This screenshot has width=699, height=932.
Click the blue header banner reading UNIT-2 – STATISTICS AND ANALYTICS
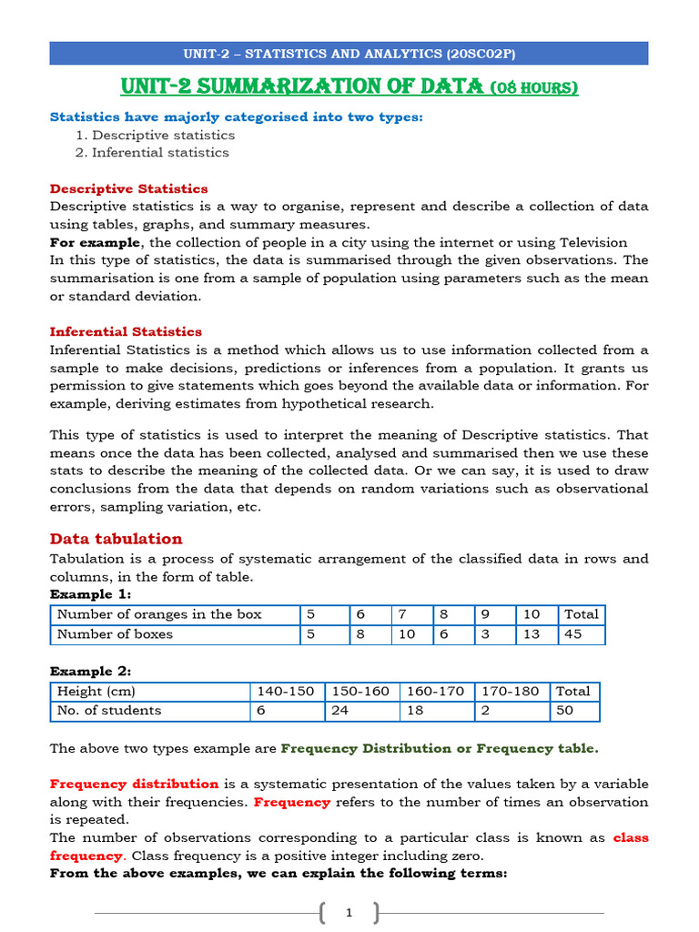click(x=349, y=54)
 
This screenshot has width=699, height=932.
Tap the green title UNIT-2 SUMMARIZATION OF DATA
click(x=349, y=86)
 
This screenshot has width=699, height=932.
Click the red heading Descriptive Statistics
click(x=128, y=188)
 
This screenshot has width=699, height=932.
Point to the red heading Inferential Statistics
click(x=126, y=331)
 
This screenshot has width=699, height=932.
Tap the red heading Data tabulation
click(x=116, y=538)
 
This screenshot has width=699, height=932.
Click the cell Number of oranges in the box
click(x=159, y=614)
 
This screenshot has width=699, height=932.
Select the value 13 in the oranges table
click(x=532, y=634)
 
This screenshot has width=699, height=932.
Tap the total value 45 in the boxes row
click(x=573, y=634)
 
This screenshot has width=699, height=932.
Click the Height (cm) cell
click(x=96, y=691)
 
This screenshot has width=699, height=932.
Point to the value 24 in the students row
click(x=339, y=710)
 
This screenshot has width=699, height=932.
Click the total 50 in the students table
click(x=565, y=710)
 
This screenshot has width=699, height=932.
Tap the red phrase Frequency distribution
click(x=134, y=784)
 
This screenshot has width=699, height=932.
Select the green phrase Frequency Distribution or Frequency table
click(x=440, y=748)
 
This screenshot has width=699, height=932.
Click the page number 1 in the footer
click(x=349, y=913)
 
